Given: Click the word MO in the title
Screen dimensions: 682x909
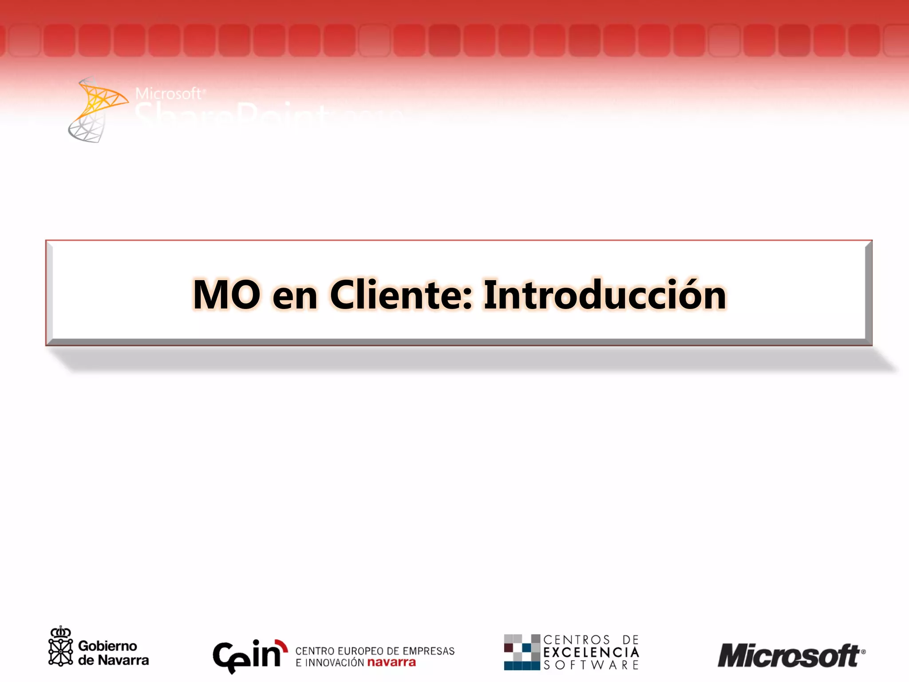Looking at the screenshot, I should pyautogui.click(x=226, y=295).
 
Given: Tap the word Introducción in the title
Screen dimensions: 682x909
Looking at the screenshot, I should pyautogui.click(x=605, y=295).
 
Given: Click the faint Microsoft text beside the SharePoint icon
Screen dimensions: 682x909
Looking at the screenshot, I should pyautogui.click(x=168, y=94).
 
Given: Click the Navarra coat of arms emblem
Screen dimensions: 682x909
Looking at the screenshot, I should pyautogui.click(x=60, y=647).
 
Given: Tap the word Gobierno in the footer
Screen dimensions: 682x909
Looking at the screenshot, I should pyautogui.click(x=107, y=646).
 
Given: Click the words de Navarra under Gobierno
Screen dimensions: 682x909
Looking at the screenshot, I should pyautogui.click(x=113, y=660).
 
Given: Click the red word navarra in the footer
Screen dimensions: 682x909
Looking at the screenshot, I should pyautogui.click(x=391, y=662).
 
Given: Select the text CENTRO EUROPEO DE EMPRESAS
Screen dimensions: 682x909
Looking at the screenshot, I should pyautogui.click(x=375, y=651).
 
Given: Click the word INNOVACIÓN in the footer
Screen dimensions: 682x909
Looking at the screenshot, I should pyautogui.click(x=335, y=663).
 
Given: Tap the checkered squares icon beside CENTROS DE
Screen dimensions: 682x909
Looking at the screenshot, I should pyautogui.click(x=522, y=652).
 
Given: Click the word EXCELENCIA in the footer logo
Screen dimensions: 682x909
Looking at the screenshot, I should pyautogui.click(x=591, y=652).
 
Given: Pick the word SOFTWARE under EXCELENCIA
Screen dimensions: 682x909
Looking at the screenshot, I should pyautogui.click(x=591, y=665).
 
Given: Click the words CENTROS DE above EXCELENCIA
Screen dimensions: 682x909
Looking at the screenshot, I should pyautogui.click(x=591, y=640).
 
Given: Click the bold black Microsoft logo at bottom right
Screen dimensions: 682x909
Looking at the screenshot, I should pyautogui.click(x=788, y=656).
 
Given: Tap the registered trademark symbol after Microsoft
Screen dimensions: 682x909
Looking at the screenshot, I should pyautogui.click(x=863, y=652).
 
